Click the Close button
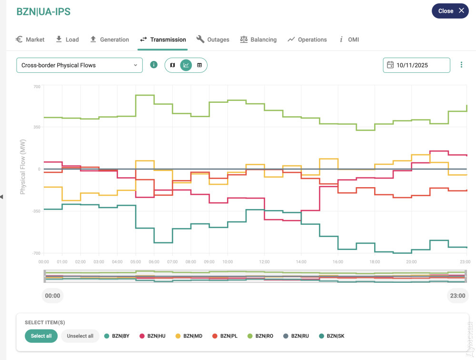click(x=450, y=11)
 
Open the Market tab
click(x=30, y=40)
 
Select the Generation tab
click(x=109, y=40)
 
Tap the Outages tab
click(x=213, y=40)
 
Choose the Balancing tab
click(x=258, y=40)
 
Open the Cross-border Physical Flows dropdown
click(x=79, y=65)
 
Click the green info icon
click(x=154, y=65)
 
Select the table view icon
click(x=199, y=65)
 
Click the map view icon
click(x=173, y=65)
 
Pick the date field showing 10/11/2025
click(x=416, y=65)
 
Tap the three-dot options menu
click(x=461, y=65)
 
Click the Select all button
click(x=41, y=336)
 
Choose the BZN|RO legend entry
click(x=261, y=336)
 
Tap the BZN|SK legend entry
click(x=332, y=336)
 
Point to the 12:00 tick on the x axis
click(x=264, y=262)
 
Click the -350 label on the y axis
click(x=36, y=211)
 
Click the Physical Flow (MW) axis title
click(x=22, y=167)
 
